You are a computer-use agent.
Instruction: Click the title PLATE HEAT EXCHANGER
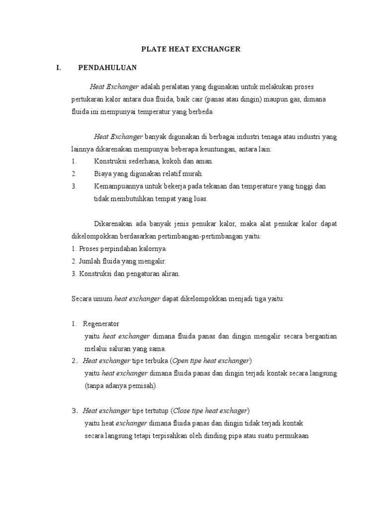(x=191, y=49)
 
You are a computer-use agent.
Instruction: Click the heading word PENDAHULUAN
(x=108, y=67)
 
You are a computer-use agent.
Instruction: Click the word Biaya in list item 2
(x=102, y=174)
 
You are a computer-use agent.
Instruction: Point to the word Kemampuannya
(x=117, y=186)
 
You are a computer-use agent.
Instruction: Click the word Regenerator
(x=101, y=324)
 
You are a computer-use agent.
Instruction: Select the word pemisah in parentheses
(x=142, y=385)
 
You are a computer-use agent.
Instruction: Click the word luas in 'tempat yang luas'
(x=200, y=199)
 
